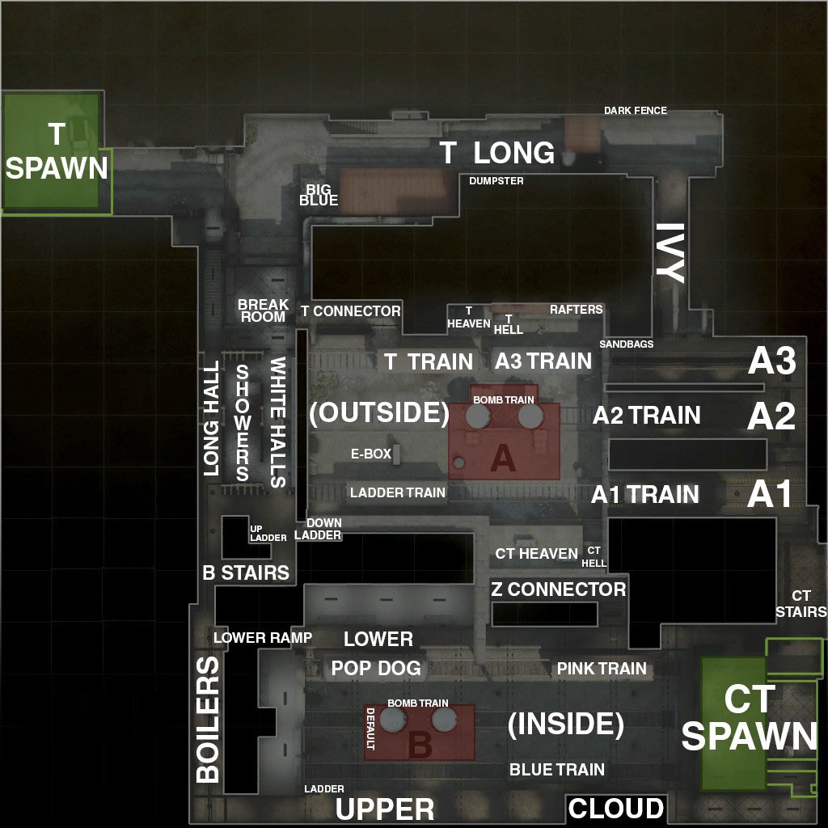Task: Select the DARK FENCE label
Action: point(636,110)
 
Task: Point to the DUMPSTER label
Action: point(496,181)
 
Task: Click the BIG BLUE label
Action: point(319,195)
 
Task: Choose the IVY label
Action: point(670,252)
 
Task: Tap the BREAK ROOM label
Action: point(263,310)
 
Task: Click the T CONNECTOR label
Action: point(350,311)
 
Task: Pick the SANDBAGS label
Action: point(627,344)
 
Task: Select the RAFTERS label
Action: point(577,310)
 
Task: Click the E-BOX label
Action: point(371,454)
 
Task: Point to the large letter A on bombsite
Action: point(503,459)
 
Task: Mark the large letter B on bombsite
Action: point(420,745)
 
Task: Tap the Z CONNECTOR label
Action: point(558,589)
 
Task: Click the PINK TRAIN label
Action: point(602,669)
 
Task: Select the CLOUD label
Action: point(616,809)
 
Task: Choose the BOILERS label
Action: point(208,720)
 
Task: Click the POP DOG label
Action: point(376,669)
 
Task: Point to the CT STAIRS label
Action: point(801,604)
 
